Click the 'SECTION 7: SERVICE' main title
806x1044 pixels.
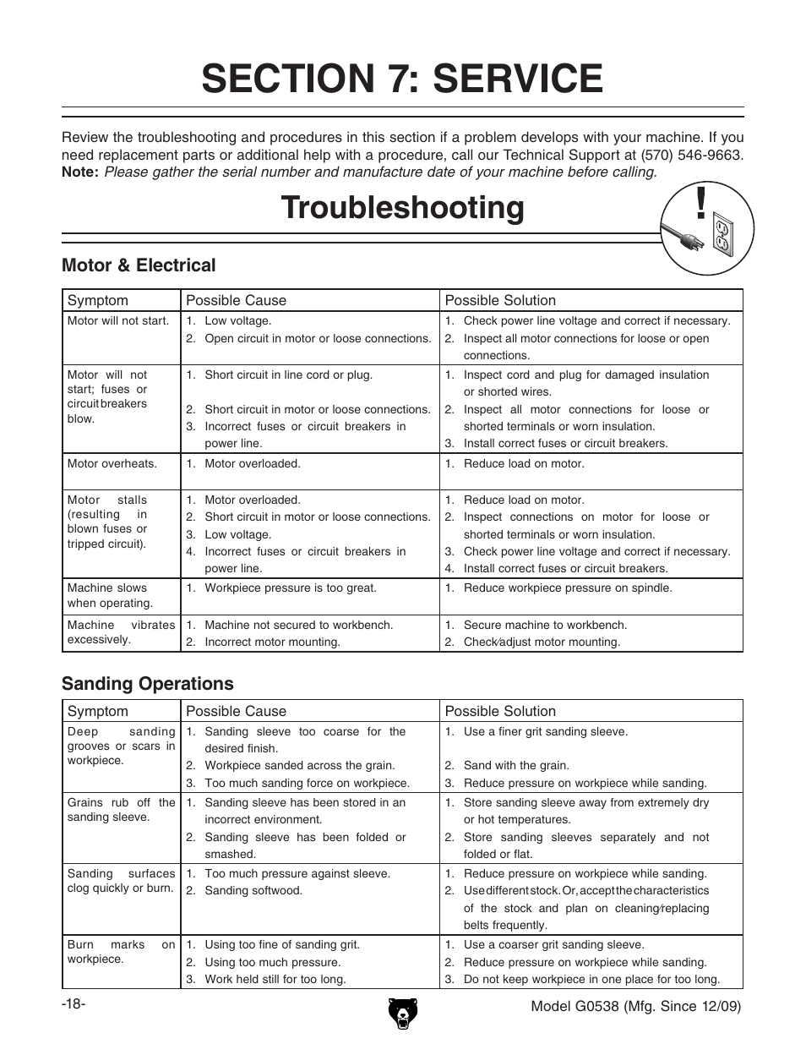pos(402,78)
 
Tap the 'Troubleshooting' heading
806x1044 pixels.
pos(403,208)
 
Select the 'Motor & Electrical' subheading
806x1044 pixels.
pos(139,265)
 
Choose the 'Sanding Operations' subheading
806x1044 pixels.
pos(148,683)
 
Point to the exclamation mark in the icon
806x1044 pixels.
pos(700,203)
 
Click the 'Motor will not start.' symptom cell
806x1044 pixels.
pos(118,321)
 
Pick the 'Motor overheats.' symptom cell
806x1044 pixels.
pos(112,463)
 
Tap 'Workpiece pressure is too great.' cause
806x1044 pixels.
pos(291,588)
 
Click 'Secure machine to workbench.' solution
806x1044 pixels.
pos(545,626)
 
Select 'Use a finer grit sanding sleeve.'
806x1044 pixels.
pos(546,732)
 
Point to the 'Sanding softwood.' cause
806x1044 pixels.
pos(253,891)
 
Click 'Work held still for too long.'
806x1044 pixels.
pos(275,980)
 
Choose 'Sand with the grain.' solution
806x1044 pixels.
pos(516,766)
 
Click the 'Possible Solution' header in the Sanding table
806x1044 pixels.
pos(500,712)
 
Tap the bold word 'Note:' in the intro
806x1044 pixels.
pos(80,172)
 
